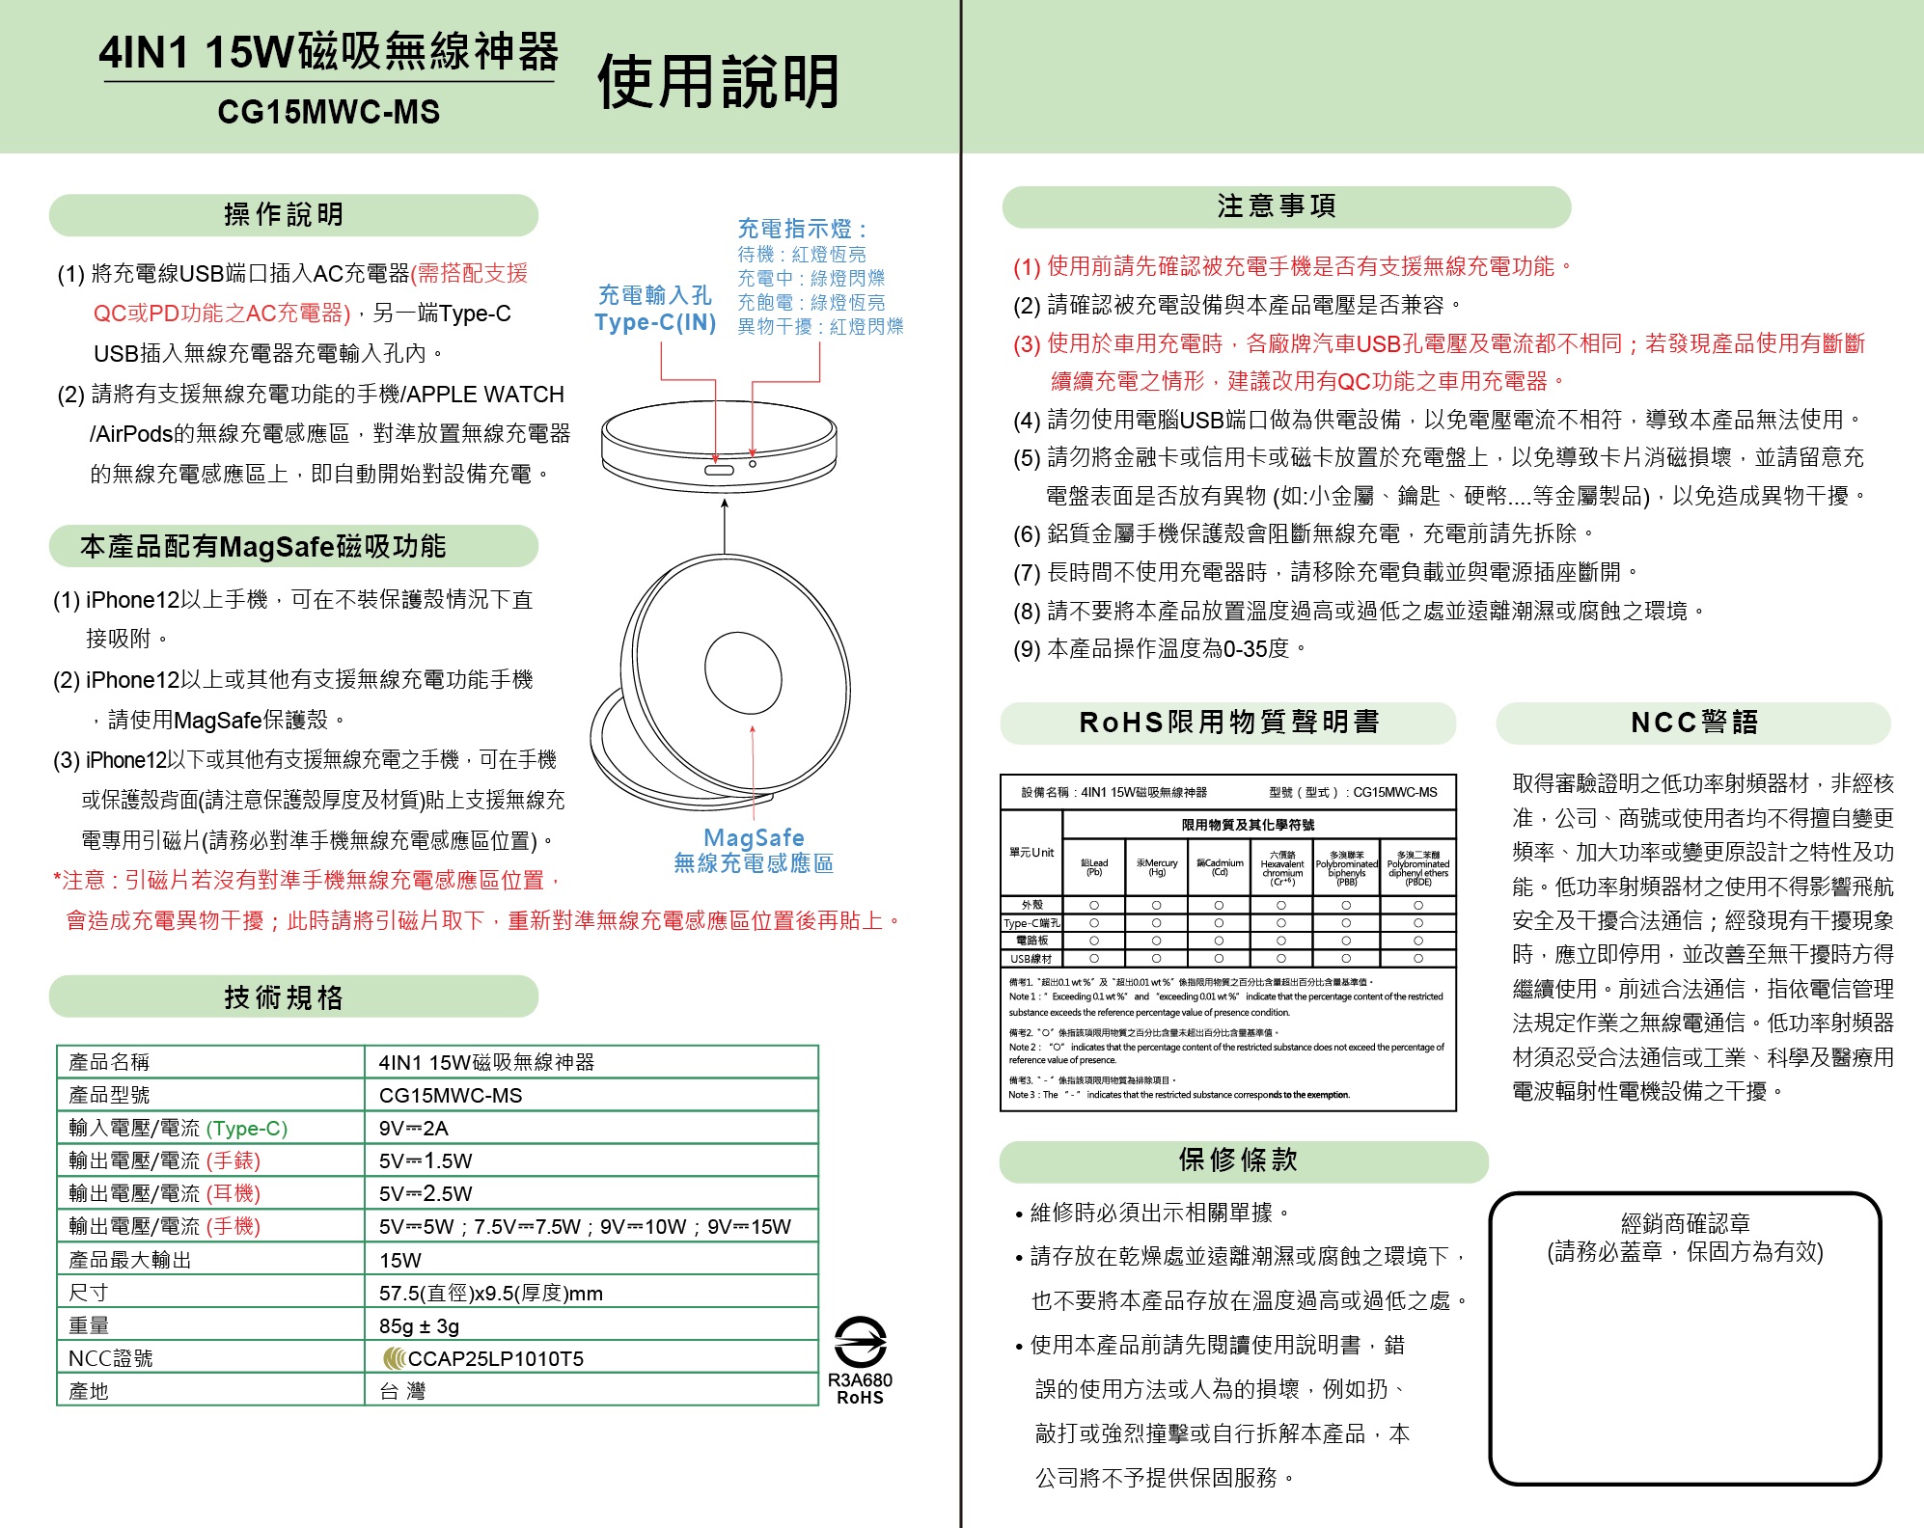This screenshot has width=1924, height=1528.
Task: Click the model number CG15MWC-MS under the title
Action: click(328, 113)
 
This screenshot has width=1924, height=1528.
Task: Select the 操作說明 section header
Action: click(284, 214)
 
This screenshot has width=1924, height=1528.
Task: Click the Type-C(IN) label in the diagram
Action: click(655, 322)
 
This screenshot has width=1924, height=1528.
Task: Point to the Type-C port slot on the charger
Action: click(718, 470)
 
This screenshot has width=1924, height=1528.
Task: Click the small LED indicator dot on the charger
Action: click(753, 464)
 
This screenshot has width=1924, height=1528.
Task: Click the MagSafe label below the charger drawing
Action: click(754, 837)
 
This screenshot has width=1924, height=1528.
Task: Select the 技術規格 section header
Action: click(284, 996)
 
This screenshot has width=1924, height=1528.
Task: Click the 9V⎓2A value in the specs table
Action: click(414, 1128)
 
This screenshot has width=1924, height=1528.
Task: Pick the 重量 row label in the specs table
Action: click(89, 1325)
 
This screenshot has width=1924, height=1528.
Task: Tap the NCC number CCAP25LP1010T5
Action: click(495, 1358)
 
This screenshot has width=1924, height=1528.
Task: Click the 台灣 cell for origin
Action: click(402, 1391)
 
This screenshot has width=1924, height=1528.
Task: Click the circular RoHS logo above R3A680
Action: click(860, 1342)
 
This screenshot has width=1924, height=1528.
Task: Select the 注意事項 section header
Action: click(1277, 206)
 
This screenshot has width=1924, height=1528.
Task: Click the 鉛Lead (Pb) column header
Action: click(1094, 867)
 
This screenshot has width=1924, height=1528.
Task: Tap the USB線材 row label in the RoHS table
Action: click(1031, 959)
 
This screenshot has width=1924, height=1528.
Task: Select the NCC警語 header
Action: click(1694, 723)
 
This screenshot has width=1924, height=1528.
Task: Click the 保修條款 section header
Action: click(1238, 1160)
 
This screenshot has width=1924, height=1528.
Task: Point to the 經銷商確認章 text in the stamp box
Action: click(1685, 1224)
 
